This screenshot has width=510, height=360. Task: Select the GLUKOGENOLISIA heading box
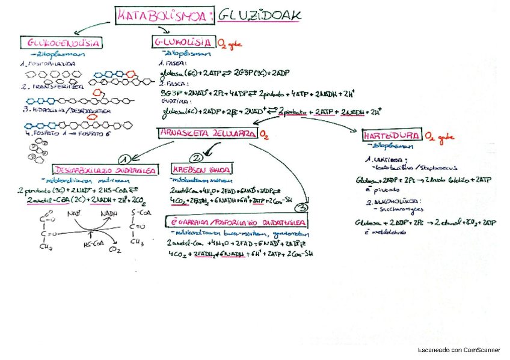[x=63, y=43]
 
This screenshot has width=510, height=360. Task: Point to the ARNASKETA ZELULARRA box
[x=206, y=133]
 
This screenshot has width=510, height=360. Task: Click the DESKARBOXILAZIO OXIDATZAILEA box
[x=106, y=170]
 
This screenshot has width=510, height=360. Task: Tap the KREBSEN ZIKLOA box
[x=203, y=169]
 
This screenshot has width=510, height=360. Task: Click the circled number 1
[x=125, y=159]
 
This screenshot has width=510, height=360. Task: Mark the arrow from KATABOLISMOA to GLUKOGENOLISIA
[x=90, y=27]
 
